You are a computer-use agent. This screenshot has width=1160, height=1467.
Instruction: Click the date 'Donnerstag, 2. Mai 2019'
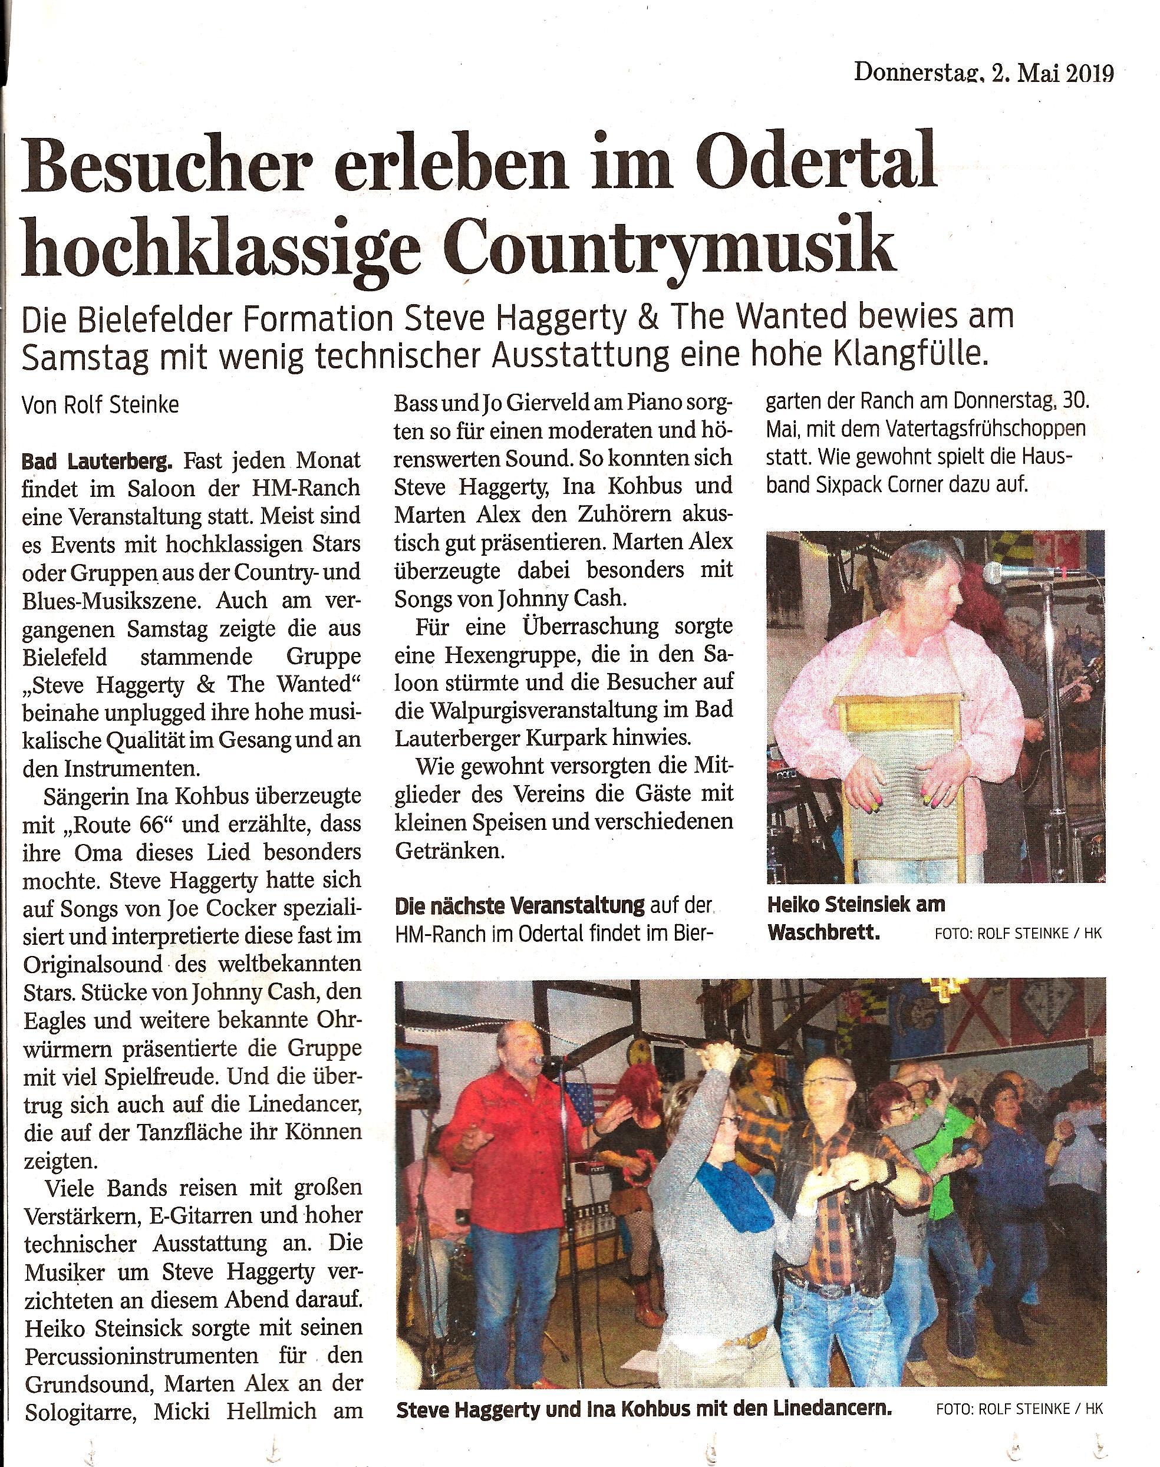983,72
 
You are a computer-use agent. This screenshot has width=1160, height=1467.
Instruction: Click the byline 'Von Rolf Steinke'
101,406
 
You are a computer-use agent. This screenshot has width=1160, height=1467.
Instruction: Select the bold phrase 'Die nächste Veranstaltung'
519,905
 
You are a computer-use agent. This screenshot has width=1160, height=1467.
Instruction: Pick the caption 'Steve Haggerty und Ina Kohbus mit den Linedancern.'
642,1409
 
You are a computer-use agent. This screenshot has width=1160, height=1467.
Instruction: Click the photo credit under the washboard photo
1017,934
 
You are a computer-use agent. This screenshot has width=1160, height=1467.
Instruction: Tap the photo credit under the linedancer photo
1019,1409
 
